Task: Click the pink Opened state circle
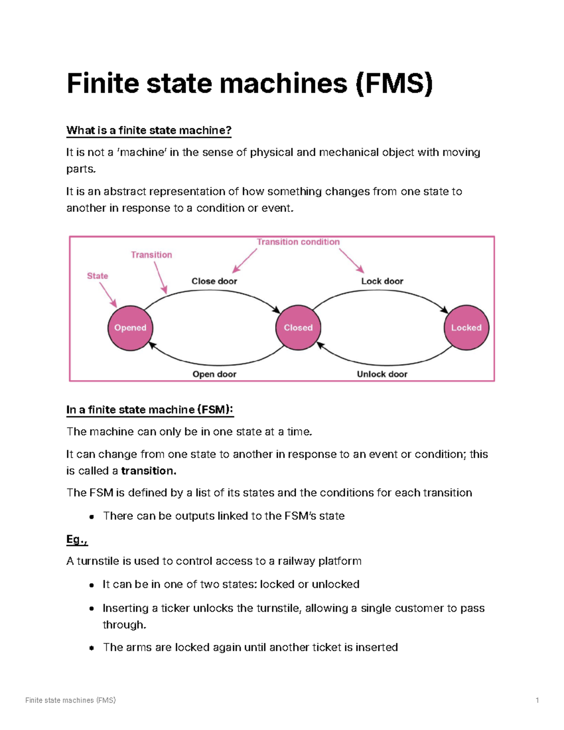130,328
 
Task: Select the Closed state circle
298,328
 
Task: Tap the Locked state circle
466,328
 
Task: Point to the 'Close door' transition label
214,281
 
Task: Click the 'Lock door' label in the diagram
382,281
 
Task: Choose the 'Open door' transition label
214,374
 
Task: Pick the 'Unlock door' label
382,374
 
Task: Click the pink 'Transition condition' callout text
298,242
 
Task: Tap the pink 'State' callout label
97,276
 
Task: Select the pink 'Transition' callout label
151,255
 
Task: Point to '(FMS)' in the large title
394,83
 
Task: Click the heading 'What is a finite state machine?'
149,130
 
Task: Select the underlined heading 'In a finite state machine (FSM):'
150,409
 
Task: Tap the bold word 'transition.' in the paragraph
149,471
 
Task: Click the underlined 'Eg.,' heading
77,539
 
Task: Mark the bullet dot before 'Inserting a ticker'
92,608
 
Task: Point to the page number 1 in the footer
537,700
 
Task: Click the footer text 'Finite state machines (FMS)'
70,700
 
